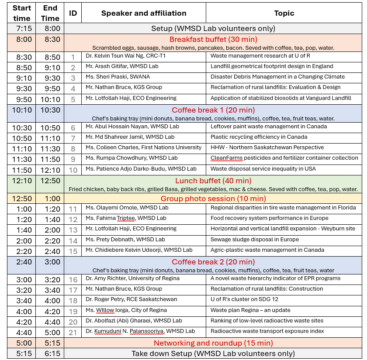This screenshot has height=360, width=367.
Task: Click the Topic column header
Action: [284, 13]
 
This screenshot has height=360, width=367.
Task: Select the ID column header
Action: [73, 13]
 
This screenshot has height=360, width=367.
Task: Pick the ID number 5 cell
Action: [73, 99]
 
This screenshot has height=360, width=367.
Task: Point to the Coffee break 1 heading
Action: [213, 110]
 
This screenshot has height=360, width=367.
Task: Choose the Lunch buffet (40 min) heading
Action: [213, 181]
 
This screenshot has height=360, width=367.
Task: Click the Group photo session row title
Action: [213, 199]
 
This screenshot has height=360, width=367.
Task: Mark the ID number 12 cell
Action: [73, 219]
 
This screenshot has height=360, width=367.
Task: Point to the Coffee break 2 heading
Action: [213, 262]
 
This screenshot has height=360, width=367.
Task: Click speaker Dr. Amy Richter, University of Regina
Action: [132, 278]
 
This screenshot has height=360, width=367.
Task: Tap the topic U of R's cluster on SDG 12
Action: [244, 299]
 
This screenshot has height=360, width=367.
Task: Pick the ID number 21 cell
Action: [73, 333]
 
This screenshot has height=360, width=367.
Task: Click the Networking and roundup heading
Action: [213, 343]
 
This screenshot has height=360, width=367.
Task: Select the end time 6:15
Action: [50, 353]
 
